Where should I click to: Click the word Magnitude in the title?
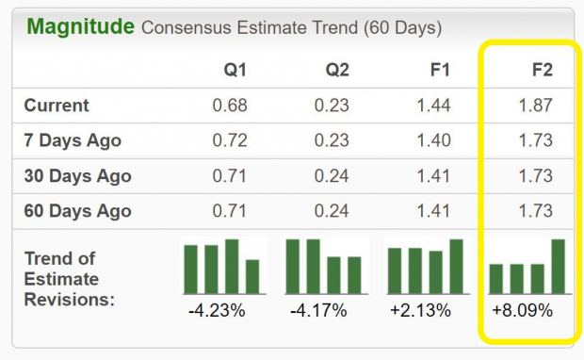tap(80, 26)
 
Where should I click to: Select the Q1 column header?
tap(235, 69)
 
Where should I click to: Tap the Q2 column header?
tap(337, 69)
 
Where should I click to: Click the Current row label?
tap(57, 106)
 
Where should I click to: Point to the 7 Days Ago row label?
tap(72, 140)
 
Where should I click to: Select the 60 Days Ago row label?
tap(77, 211)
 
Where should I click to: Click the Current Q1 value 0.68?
tap(231, 106)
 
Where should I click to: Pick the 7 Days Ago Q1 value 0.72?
tap(231, 140)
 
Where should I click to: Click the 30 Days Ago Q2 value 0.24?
tap(333, 176)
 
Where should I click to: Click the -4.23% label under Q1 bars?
tap(219, 309)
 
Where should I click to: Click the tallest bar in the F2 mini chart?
tap(558, 267)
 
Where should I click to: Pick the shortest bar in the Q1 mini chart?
tap(252, 277)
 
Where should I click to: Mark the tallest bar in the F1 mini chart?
tap(457, 267)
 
